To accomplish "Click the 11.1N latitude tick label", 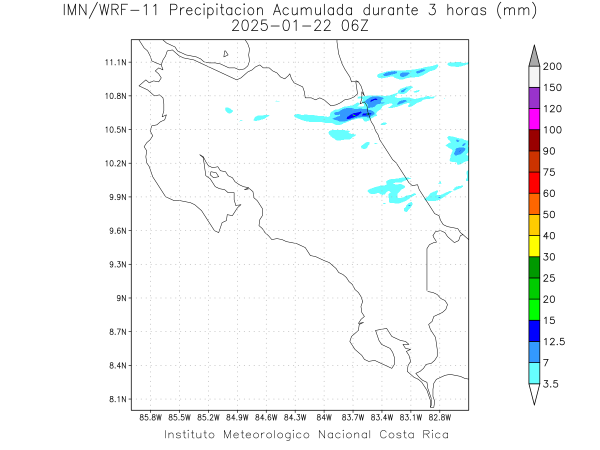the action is click(115, 62).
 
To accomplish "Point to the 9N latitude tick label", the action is click(121, 298).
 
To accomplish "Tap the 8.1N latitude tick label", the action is click(118, 399).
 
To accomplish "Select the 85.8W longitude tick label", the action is click(150, 417).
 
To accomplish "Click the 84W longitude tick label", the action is click(324, 417).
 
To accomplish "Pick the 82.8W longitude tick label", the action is click(439, 417).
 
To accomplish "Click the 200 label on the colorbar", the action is click(552, 66).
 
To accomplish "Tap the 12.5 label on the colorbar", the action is click(554, 341).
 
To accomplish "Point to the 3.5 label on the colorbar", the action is click(550, 384).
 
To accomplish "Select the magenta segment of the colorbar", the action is click(534, 119).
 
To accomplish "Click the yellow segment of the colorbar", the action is click(534, 246).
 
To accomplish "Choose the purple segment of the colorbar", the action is click(534, 98).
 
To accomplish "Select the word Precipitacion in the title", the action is click(216, 11).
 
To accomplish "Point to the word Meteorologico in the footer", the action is click(266, 434).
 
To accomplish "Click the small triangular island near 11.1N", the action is click(225, 54).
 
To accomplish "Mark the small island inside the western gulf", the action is click(214, 174).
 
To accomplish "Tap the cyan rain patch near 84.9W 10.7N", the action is click(229, 110).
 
